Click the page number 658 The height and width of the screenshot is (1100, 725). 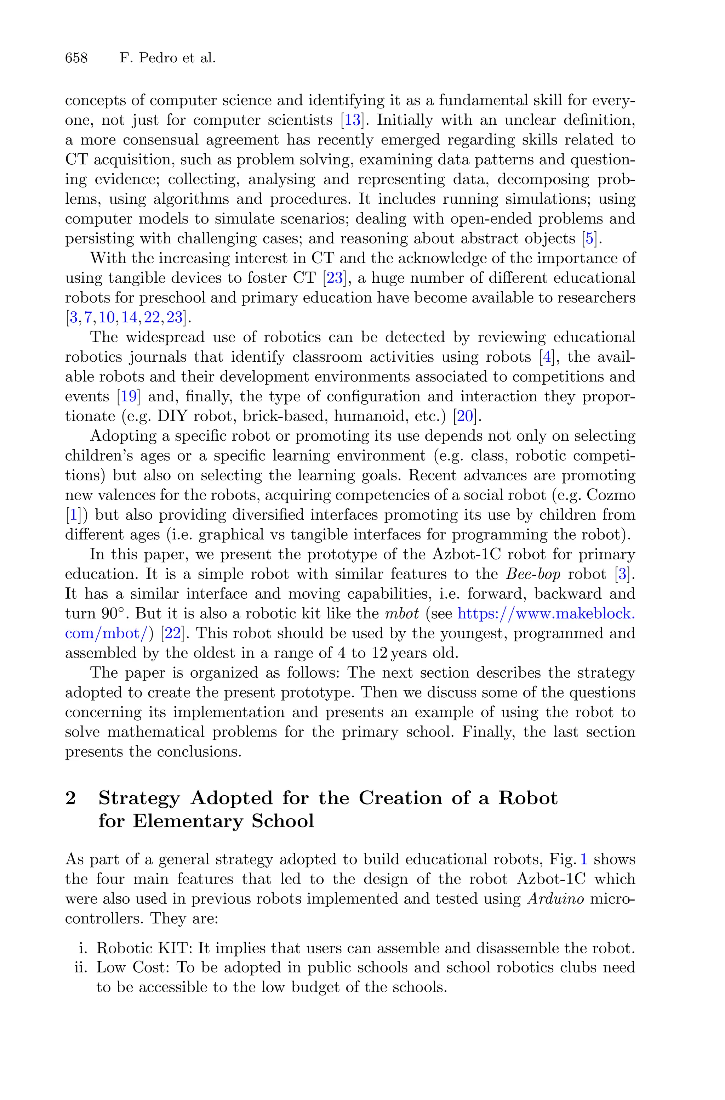pyautogui.click(x=76, y=58)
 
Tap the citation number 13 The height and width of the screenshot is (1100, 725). pyautogui.click(x=352, y=120)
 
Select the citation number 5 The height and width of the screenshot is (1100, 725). pyautogui.click(x=589, y=239)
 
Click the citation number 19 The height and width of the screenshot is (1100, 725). pyautogui.click(x=128, y=396)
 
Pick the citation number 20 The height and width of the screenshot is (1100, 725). pyautogui.click(x=465, y=416)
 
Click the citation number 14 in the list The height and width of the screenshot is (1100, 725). pyautogui.click(x=130, y=318)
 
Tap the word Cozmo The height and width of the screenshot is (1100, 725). pyautogui.click(x=610, y=495)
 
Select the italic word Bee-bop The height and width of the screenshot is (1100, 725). pyautogui.click(x=533, y=574)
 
